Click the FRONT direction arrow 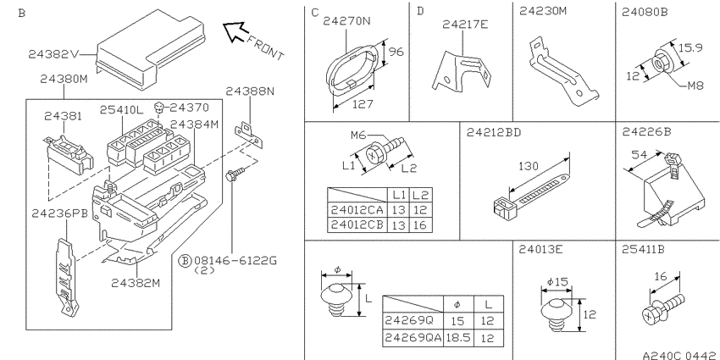(235, 32)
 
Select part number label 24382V (53, 54)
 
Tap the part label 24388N (250, 91)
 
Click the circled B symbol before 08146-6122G (184, 261)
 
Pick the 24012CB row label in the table (357, 225)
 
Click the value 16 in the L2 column (419, 225)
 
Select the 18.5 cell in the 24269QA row (457, 339)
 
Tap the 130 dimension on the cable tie (528, 166)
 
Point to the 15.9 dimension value (690, 47)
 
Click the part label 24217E (465, 25)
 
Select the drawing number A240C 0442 (679, 355)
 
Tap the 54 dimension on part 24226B (639, 155)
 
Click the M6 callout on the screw (358, 135)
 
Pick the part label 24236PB (59, 213)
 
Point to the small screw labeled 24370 (159, 108)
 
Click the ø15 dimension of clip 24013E (558, 282)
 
